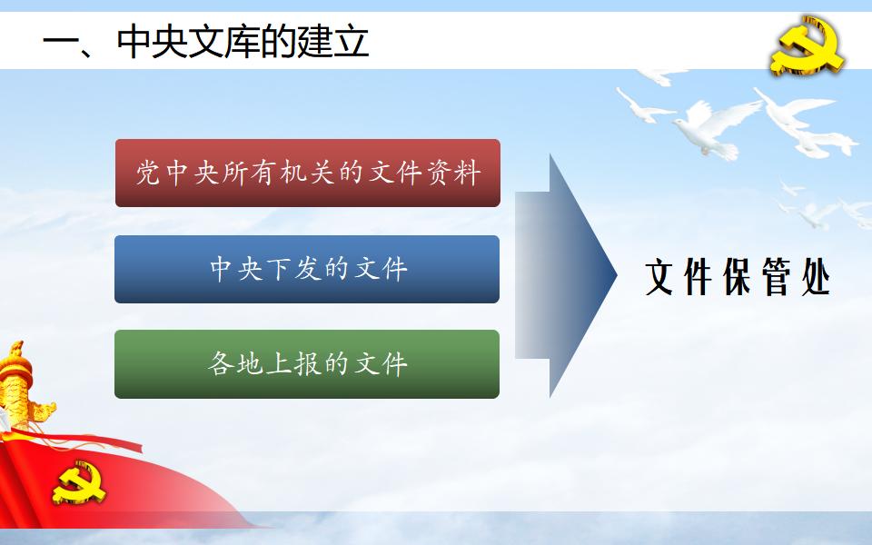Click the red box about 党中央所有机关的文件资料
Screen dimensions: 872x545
308,173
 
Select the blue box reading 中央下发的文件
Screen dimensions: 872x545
307,269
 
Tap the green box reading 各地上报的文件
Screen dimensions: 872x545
307,364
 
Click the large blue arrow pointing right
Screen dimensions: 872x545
566,275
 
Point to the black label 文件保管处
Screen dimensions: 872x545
738,276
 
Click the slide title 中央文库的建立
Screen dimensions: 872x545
243,41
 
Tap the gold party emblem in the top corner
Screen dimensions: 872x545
808,46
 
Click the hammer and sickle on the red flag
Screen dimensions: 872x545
79,482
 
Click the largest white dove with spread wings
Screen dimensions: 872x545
715,127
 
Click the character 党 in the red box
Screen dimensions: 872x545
148,173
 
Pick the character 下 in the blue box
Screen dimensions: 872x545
279,269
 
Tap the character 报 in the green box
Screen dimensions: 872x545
308,363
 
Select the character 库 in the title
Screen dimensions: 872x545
243,41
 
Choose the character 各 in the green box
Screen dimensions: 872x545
221,363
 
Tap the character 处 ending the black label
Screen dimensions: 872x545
816,276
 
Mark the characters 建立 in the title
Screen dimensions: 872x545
333,41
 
